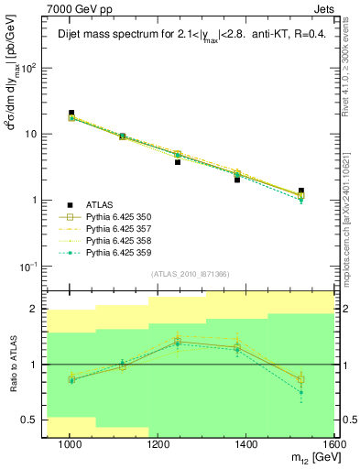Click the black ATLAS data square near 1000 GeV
click(x=71, y=113)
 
